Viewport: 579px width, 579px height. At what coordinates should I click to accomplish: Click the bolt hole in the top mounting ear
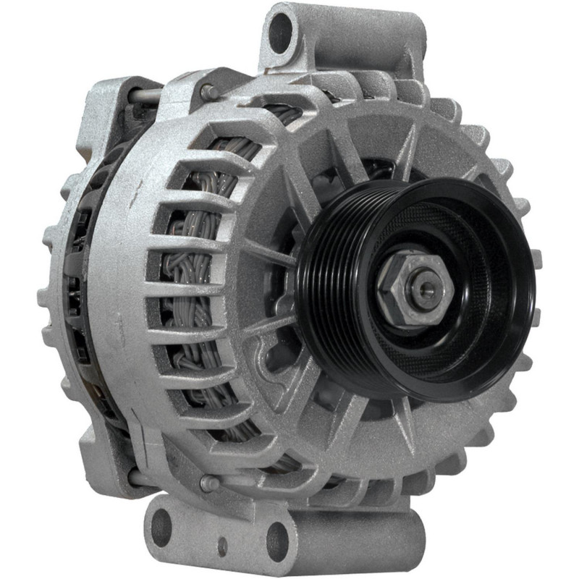[280, 32]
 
